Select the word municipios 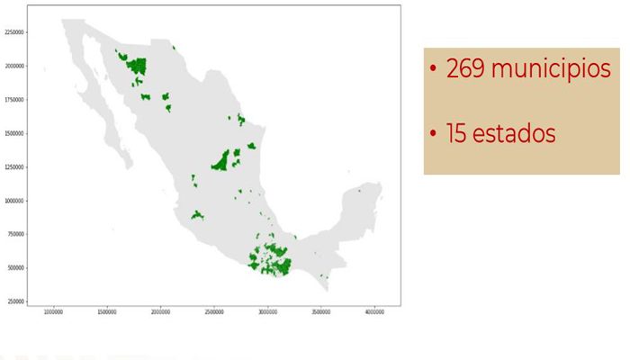(553, 70)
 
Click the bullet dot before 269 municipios (433, 70)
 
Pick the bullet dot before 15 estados (433, 135)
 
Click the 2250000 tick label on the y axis (13, 32)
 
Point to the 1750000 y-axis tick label (13, 100)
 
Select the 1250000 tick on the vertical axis (13, 167)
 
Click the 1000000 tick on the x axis (53, 313)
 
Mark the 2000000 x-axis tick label (160, 313)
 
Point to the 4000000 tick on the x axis (374, 313)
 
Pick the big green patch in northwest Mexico (137, 66)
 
